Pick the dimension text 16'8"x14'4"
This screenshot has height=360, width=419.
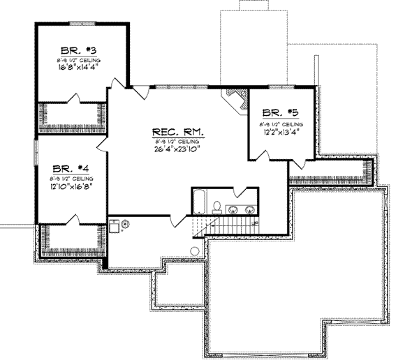pos(80,69)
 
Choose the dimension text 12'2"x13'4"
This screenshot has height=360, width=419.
pos(281,130)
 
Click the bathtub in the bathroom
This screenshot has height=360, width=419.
pos(200,202)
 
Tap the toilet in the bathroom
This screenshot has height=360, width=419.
pos(217,207)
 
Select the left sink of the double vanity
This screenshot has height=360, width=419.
pos(234,208)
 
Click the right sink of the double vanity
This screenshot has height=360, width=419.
pos(249,208)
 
